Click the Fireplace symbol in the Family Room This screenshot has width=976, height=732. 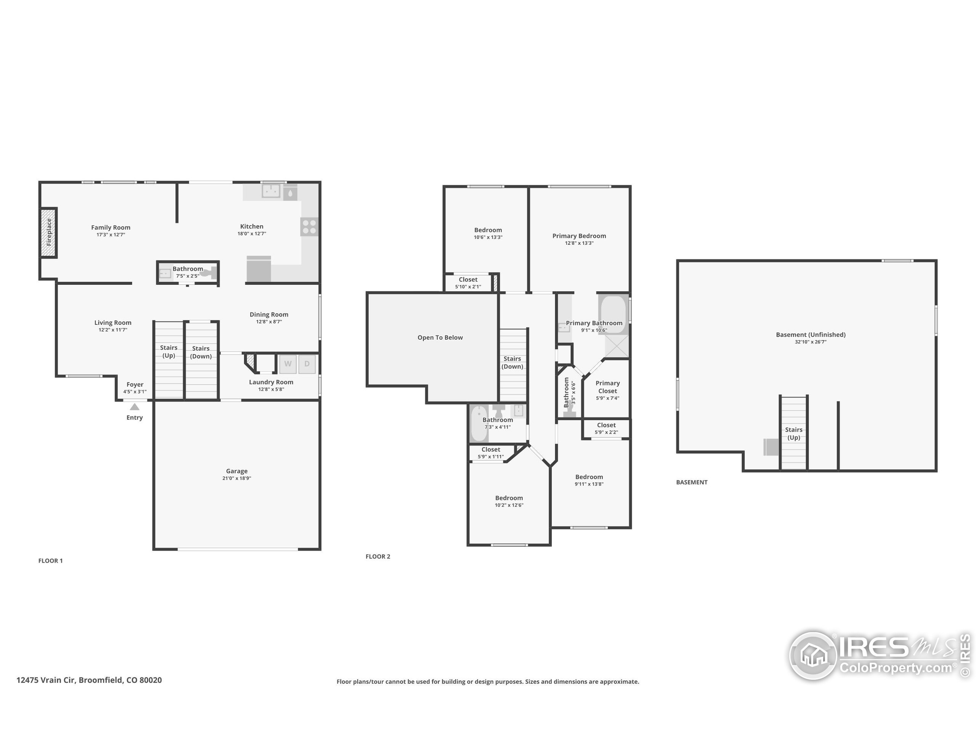[x=49, y=233]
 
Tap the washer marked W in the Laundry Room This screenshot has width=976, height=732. [x=288, y=364]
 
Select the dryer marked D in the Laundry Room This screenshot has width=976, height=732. [x=307, y=364]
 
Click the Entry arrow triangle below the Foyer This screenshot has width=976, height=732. [x=135, y=407]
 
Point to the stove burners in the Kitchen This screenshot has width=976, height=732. [x=309, y=227]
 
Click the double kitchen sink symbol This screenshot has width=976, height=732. [x=271, y=191]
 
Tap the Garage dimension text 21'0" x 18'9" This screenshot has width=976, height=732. [x=236, y=478]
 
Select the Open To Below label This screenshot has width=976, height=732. [x=440, y=337]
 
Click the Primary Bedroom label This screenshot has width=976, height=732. [x=579, y=236]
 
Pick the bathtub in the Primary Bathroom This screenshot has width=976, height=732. [x=613, y=314]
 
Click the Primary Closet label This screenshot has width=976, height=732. [x=608, y=387]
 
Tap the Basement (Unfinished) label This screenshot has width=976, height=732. [x=811, y=334]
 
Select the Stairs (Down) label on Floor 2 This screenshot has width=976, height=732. [x=512, y=362]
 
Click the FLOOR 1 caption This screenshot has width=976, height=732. [x=50, y=561]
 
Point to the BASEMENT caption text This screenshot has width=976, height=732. [x=692, y=482]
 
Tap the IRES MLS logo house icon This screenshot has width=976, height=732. [x=813, y=655]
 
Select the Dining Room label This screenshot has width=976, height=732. [x=269, y=315]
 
